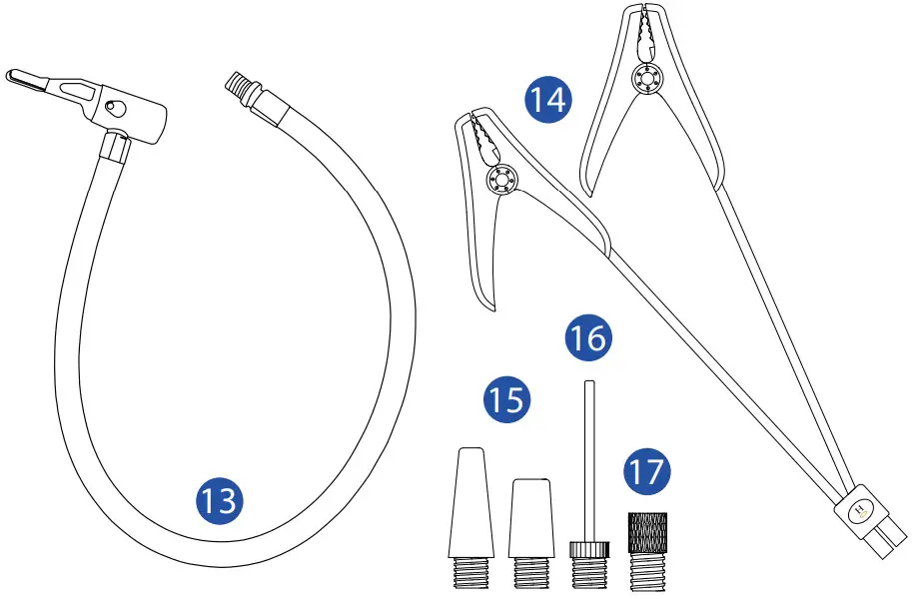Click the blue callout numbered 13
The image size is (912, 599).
click(219, 497)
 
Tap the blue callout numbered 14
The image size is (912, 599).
click(547, 101)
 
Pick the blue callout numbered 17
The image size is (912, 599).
click(647, 469)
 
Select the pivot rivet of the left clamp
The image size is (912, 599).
click(496, 180)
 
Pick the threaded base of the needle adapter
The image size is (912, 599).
click(588, 574)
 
